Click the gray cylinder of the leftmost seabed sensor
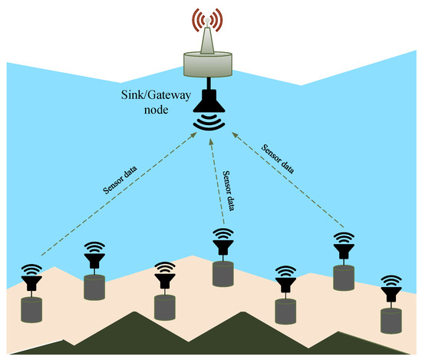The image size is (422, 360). coord(32,311)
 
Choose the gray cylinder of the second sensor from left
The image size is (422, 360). coord(94,288)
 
